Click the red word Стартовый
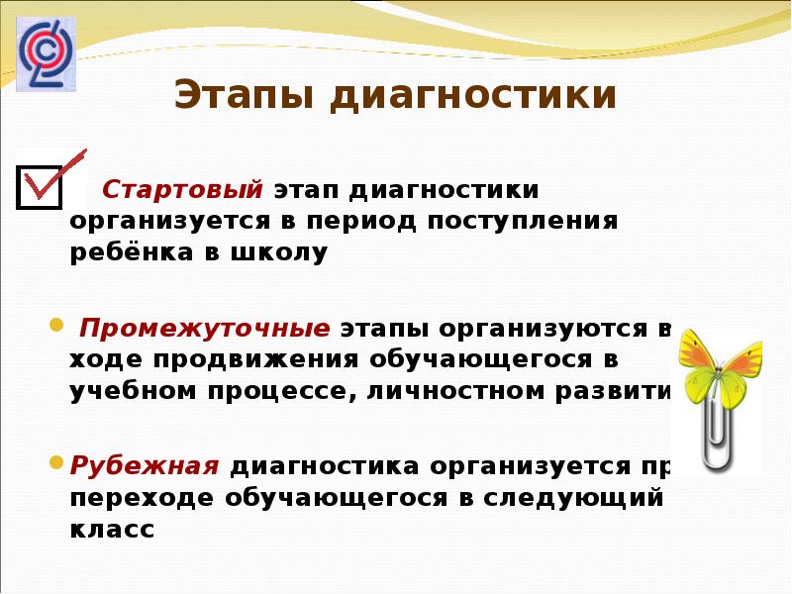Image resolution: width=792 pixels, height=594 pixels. tap(182, 188)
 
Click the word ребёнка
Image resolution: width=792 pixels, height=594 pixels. tap(126, 252)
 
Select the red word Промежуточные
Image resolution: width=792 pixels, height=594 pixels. tap(205, 328)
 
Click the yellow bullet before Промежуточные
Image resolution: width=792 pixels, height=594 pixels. tap(56, 325)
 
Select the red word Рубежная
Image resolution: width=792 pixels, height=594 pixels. tap(143, 466)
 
